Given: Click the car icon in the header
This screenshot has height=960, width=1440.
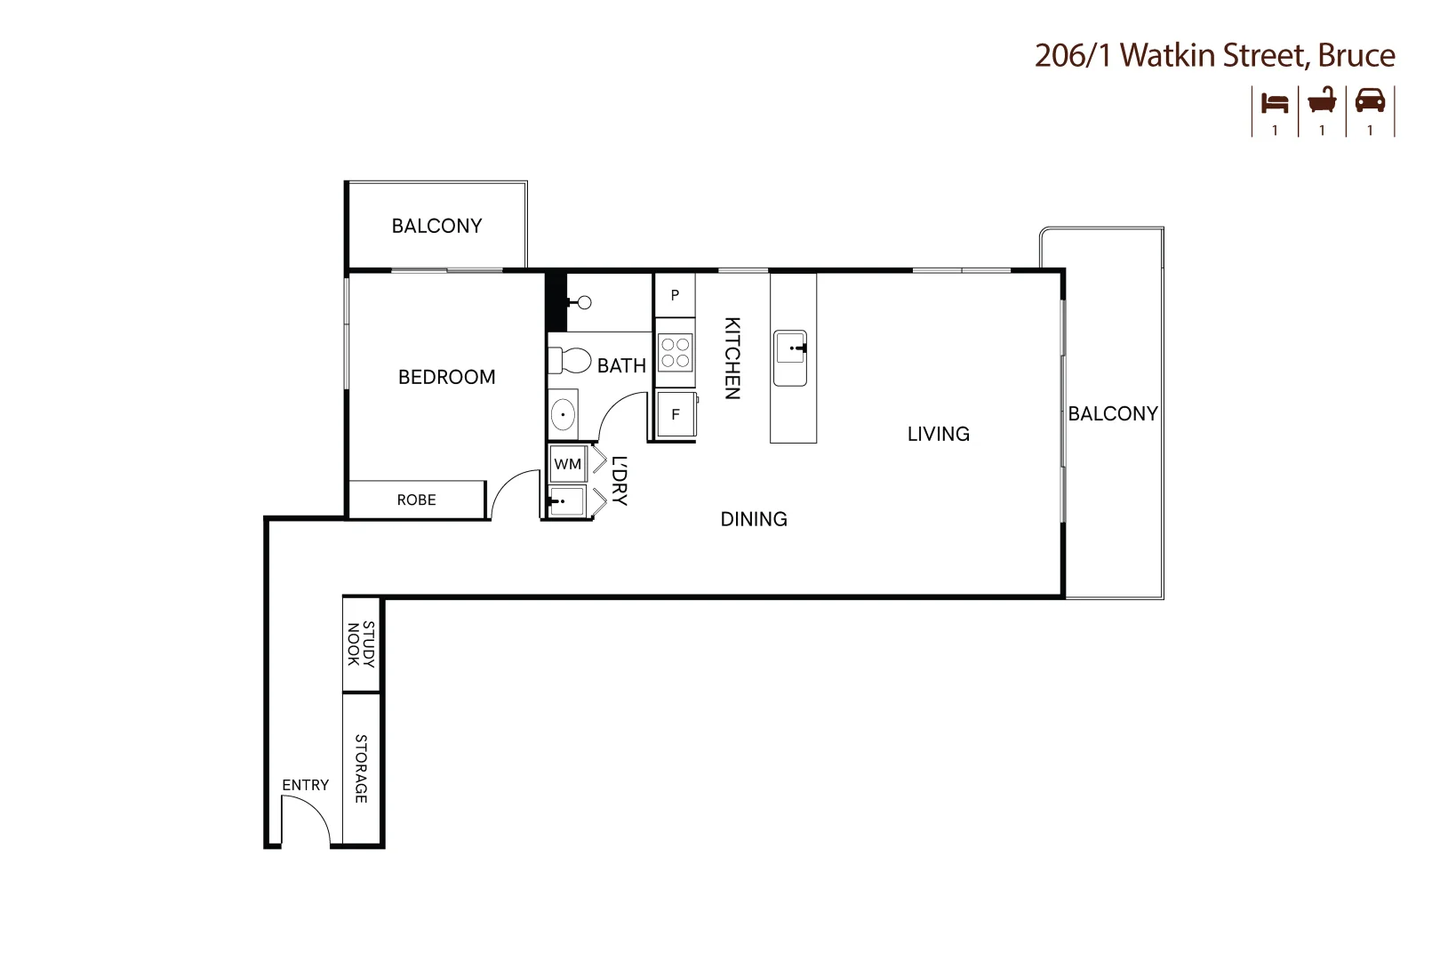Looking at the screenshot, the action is click(1370, 101).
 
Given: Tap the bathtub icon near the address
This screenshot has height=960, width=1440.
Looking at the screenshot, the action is click(1322, 100).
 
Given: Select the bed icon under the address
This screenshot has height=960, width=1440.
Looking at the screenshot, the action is click(1275, 103).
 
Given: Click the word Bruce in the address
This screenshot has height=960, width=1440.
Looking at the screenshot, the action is click(1356, 55).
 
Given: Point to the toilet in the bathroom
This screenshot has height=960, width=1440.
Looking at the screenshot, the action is click(570, 361).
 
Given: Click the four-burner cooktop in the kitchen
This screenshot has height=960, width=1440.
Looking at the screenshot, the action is click(676, 352).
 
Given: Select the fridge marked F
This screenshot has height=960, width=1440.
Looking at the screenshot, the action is click(676, 415).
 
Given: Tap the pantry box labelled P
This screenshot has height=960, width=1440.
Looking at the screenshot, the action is click(675, 295).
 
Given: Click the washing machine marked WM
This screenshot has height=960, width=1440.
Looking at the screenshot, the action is click(568, 464).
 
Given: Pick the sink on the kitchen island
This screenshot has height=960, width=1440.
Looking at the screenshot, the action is click(791, 358).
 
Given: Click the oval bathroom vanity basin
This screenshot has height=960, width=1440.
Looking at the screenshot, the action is click(564, 415).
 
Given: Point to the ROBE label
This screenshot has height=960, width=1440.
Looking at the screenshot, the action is click(417, 500).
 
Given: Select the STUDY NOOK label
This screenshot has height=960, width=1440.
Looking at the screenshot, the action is click(361, 644).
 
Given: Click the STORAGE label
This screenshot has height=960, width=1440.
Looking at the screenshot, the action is click(361, 769).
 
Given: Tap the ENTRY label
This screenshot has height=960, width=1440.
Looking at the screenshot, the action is click(306, 785).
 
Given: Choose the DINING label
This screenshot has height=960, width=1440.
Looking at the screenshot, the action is click(754, 519).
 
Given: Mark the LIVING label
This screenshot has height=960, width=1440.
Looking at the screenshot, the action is click(939, 434).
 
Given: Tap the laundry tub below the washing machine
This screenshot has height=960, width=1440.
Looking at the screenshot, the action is click(566, 501).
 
